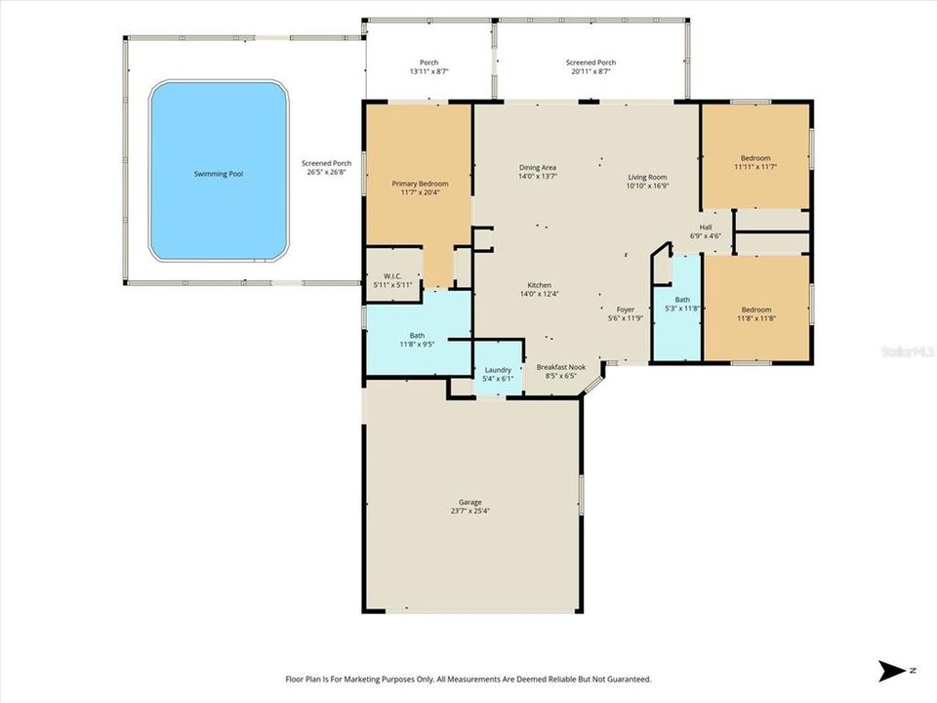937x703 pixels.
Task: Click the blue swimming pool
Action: pyautogui.click(x=219, y=172)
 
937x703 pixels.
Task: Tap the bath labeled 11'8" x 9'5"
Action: pyautogui.click(x=417, y=339)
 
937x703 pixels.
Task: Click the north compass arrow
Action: pyautogui.click(x=892, y=671)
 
